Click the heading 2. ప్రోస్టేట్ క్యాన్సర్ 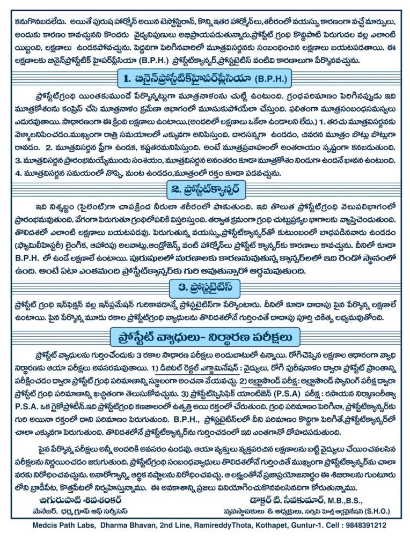[x=204, y=189]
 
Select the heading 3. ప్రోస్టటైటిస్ [x=204, y=287]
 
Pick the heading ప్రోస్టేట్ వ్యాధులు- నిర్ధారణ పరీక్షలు [x=204, y=337]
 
